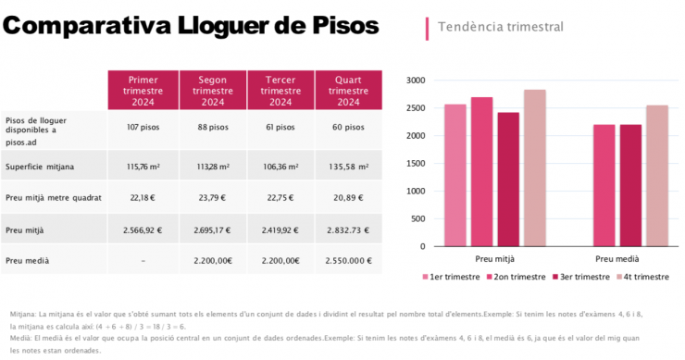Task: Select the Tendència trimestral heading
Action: pyautogui.click(x=501, y=27)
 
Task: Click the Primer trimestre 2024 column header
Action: pyautogui.click(x=143, y=91)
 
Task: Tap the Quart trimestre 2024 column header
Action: pyautogui.click(x=347, y=91)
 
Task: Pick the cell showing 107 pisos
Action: pyautogui.click(x=143, y=127)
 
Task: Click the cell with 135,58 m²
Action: pyautogui.click(x=347, y=167)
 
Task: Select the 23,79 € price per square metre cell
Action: pyautogui.click(x=212, y=197)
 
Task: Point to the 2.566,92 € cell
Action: pyautogui.click(x=143, y=230)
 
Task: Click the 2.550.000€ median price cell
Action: pyautogui.click(x=347, y=261)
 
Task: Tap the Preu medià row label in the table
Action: pyautogui.click(x=28, y=261)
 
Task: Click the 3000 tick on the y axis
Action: pyautogui.click(x=416, y=81)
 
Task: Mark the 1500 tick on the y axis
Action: pyautogui.click(x=416, y=164)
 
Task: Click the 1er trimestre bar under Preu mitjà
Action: pyautogui.click(x=455, y=176)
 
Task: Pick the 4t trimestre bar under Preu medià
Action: pyautogui.click(x=657, y=176)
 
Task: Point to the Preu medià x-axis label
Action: pyautogui.click(x=616, y=259)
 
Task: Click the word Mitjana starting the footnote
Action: pyautogui.click(x=23, y=315)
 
